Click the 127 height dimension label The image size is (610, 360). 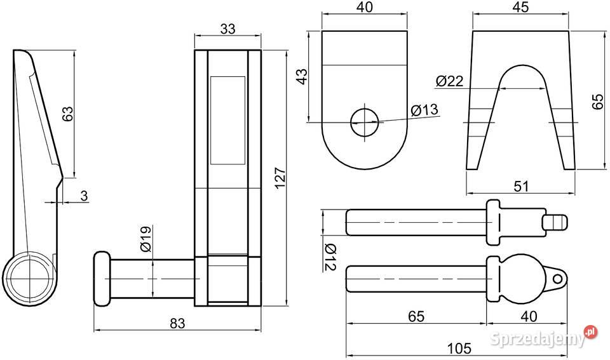[x=280, y=178]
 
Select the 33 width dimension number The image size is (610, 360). [x=227, y=29]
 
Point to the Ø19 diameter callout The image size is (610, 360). [x=146, y=239]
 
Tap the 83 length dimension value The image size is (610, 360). [x=177, y=323]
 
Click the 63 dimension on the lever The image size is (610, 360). [x=67, y=114]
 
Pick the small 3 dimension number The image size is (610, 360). [x=84, y=196]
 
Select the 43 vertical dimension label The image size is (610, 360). [x=302, y=77]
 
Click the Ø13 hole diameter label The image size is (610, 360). [x=424, y=110]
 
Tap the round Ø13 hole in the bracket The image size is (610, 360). [x=365, y=123]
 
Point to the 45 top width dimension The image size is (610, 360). [x=520, y=8]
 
